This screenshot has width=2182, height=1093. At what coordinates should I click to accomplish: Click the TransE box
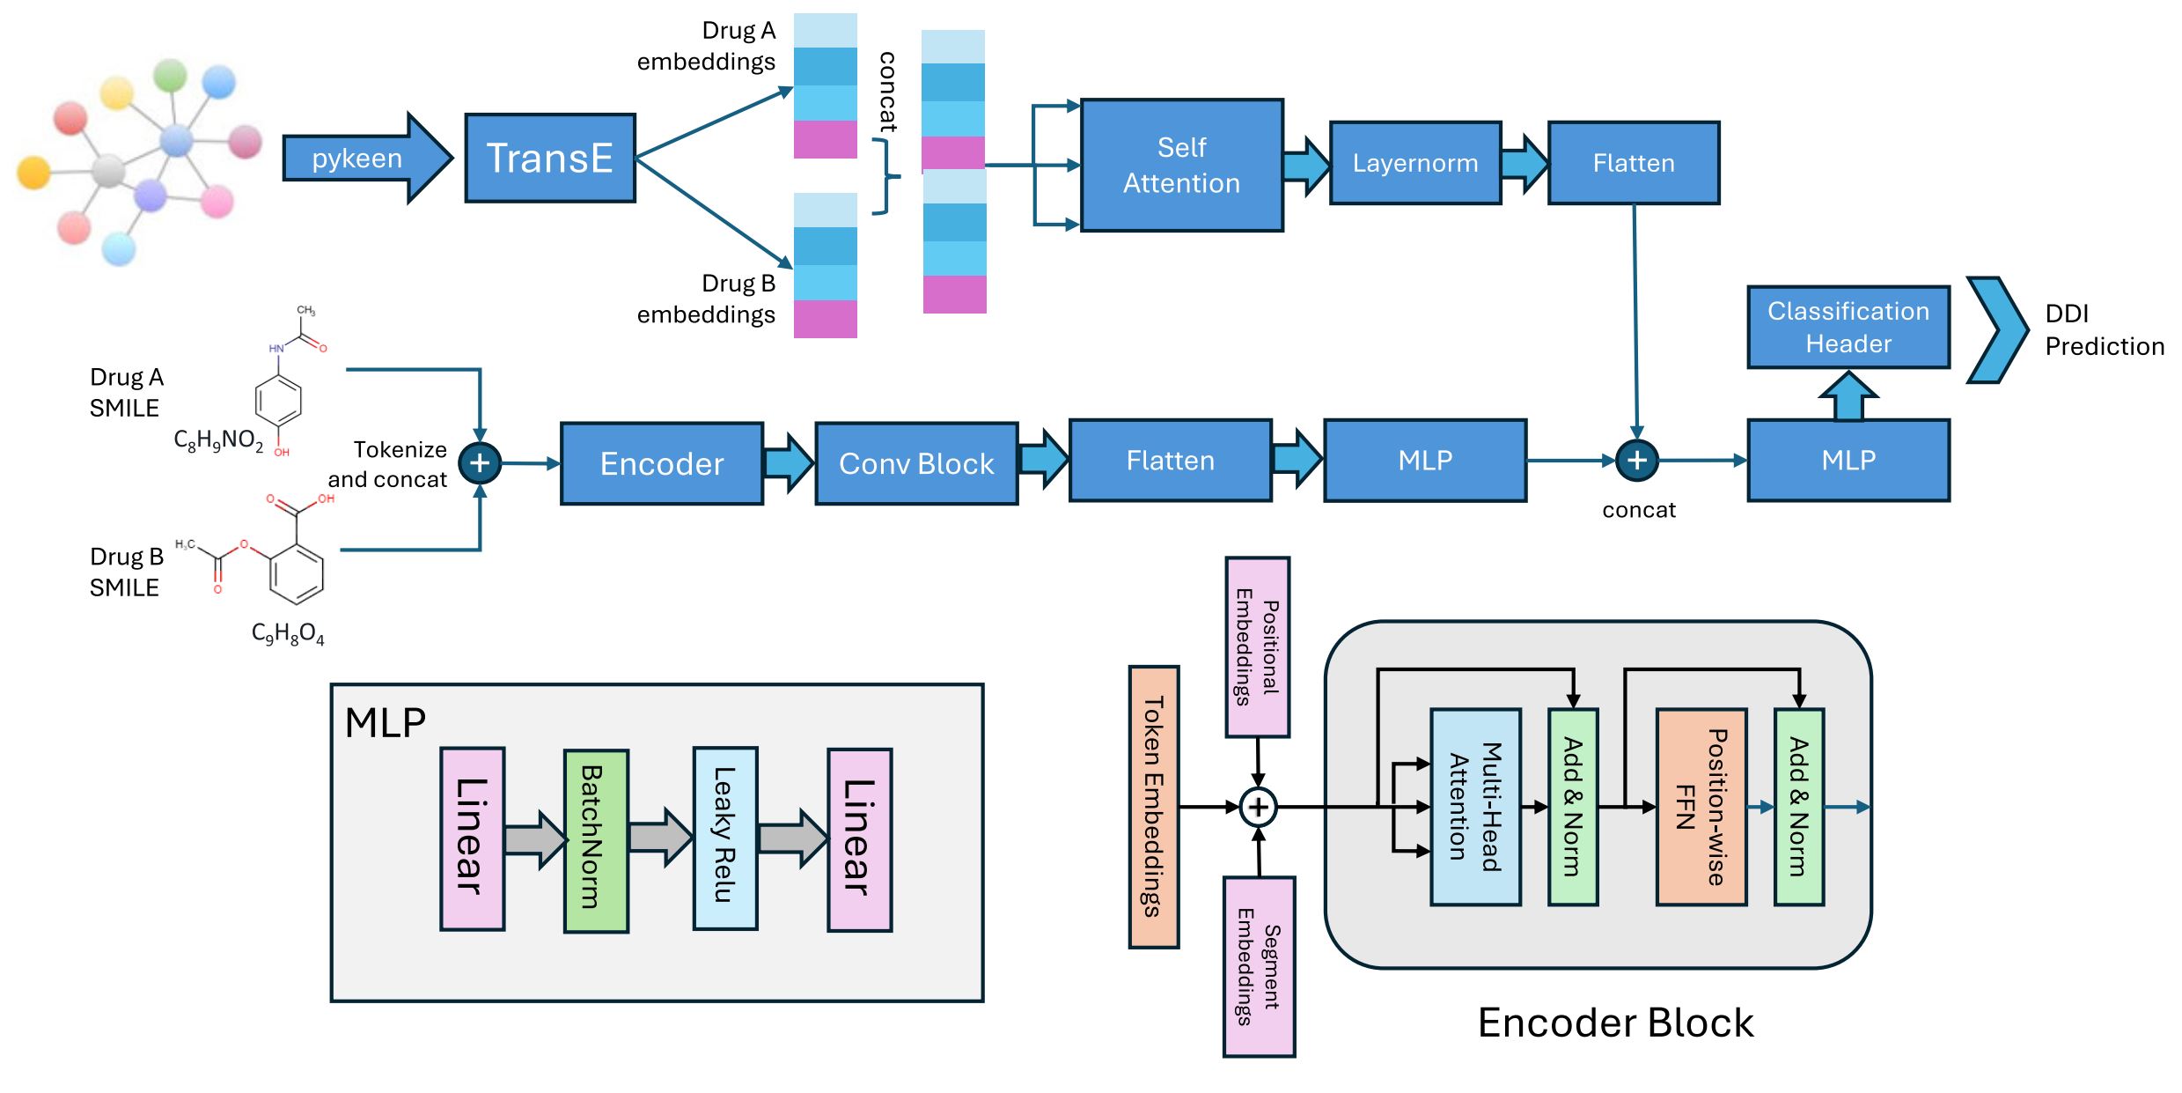pos(550,158)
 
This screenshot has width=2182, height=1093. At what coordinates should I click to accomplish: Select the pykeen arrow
pos(367,158)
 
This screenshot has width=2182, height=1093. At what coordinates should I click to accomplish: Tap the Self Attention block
pos(1181,165)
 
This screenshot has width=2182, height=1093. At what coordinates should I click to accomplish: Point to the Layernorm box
pos(1415,163)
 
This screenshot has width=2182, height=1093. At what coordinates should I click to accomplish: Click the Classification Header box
pos(1848,327)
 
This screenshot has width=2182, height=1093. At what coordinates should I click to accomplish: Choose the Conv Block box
pos(916,463)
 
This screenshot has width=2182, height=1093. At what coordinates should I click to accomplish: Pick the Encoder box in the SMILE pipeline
pos(662,463)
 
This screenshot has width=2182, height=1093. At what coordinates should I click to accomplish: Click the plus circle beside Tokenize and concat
pos(480,463)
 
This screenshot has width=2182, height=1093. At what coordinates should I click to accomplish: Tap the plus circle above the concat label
pos(1637,460)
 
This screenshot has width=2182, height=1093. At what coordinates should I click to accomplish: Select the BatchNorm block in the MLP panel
pos(596,840)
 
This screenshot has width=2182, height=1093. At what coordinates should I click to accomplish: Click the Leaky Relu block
pos(725,838)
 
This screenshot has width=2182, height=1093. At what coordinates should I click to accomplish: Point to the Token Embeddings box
pos(1154,807)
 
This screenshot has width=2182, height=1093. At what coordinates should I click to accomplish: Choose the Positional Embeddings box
pos(1258,647)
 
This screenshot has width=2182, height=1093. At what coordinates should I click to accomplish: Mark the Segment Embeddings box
pos(1259,966)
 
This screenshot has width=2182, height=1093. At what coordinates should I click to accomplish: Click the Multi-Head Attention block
pos(1476,807)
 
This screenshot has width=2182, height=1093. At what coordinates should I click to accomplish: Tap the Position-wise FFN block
pos(1701,807)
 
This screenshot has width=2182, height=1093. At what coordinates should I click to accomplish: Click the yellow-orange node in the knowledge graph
pos(33,173)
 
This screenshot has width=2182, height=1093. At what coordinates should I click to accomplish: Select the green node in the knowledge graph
pos(170,76)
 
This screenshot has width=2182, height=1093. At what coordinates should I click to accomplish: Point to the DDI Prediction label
pos(2104,329)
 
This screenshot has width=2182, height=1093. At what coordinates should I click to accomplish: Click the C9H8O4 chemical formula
pos(288,634)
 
